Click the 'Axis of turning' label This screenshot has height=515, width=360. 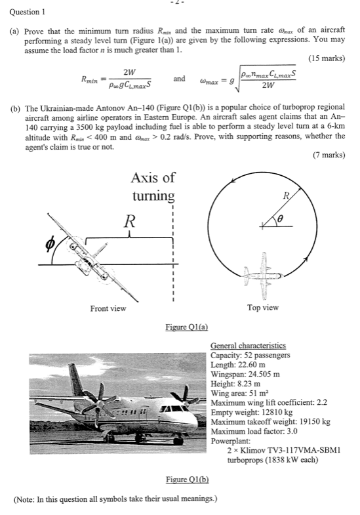pos(153,186)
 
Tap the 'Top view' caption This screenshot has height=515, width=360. pos(262,307)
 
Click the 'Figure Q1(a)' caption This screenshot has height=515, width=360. pos(186,326)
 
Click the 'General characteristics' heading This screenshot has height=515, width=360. pos(248,346)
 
